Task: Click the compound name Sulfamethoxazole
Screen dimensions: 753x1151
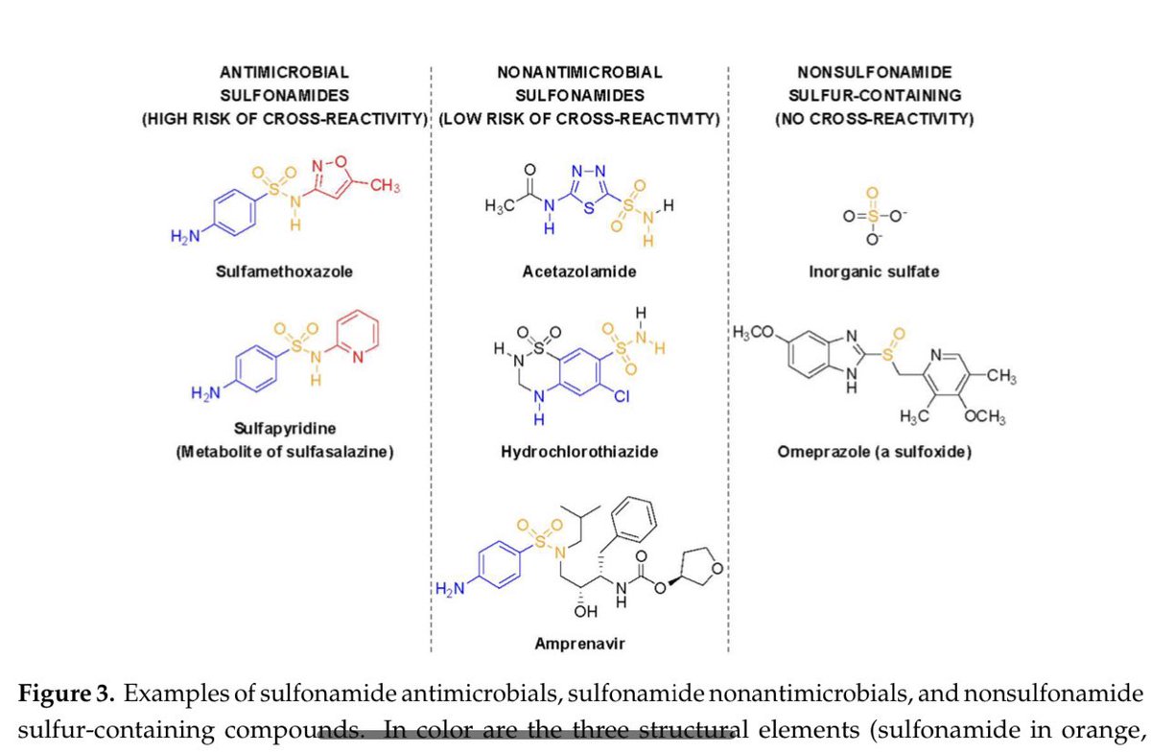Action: pos(284,271)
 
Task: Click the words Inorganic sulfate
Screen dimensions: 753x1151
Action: pos(874,271)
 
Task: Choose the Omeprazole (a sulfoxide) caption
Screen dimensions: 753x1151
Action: pos(874,451)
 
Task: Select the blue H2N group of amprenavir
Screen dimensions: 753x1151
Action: pos(450,590)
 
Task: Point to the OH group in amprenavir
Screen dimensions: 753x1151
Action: pos(586,610)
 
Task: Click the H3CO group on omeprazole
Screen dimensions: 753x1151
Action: pos(753,333)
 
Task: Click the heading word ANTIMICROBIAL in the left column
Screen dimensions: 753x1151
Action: pos(283,72)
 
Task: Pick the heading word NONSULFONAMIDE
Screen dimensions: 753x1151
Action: pos(874,72)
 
